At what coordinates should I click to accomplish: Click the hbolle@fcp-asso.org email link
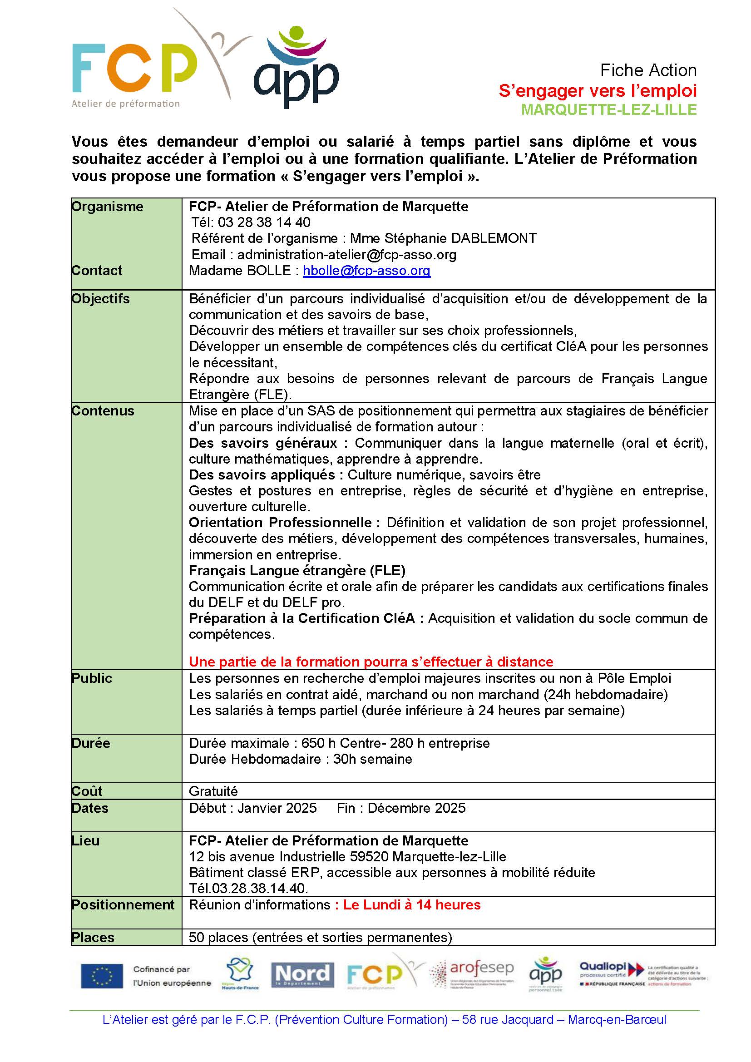click(366, 271)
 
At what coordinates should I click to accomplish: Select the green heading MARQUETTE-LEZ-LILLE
click(608, 109)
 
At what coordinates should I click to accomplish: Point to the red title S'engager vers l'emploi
click(598, 91)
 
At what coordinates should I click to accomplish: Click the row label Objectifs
click(101, 299)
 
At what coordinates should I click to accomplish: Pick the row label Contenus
click(103, 411)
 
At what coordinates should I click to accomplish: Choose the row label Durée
click(91, 743)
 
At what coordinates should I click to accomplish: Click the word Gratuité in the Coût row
click(213, 791)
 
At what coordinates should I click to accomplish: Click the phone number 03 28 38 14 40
click(264, 222)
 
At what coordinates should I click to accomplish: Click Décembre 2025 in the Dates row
click(416, 808)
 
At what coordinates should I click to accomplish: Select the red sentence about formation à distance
click(371, 662)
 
